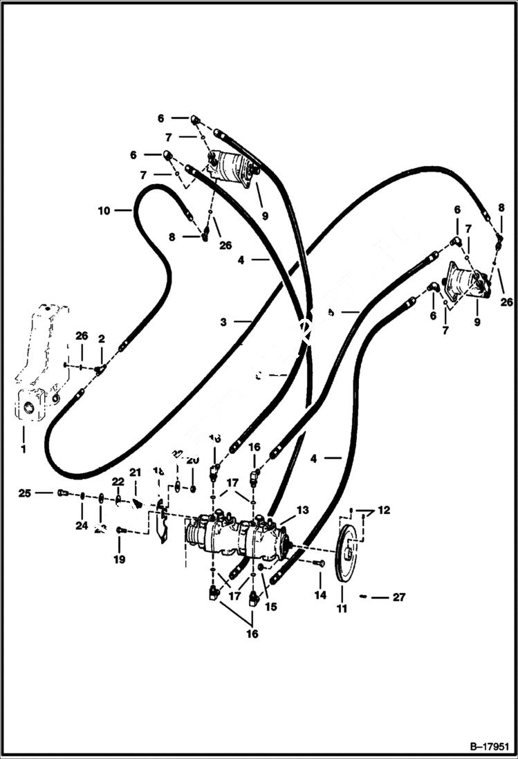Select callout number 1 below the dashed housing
pos(24,440)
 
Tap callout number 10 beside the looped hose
pos(104,210)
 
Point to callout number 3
pos(223,322)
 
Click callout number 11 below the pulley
pos(342,609)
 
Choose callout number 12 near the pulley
pos(384,511)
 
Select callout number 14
pos(320,594)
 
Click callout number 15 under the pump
pos(271,607)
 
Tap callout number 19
pos(120,559)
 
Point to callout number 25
pos(25,493)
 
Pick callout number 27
pos(399,597)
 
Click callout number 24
pos(82,525)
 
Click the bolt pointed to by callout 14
pos(319,564)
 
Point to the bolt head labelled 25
pos(63,493)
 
